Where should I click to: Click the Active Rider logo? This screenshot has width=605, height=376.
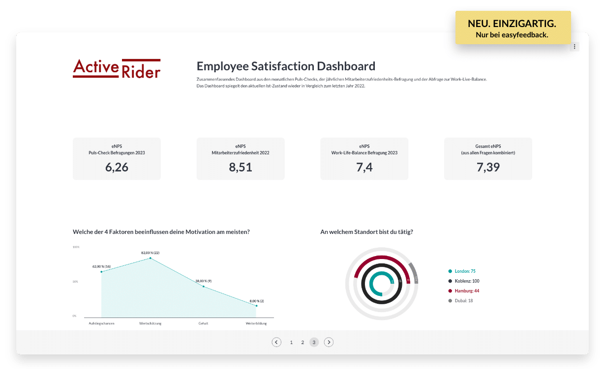click(x=117, y=69)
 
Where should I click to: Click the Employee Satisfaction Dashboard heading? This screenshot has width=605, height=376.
click(x=286, y=66)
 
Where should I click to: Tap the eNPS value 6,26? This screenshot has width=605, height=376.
click(x=117, y=167)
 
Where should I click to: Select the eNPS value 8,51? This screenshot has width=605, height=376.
click(x=241, y=167)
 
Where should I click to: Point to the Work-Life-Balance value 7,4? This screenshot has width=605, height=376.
click(x=364, y=167)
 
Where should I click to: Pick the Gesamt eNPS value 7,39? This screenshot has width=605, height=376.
click(x=488, y=167)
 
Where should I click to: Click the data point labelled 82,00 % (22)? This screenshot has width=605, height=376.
click(x=150, y=258)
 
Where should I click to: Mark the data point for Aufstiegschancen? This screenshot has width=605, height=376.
click(x=101, y=272)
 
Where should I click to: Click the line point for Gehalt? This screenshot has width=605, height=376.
click(x=203, y=286)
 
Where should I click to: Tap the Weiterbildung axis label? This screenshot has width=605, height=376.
click(x=256, y=323)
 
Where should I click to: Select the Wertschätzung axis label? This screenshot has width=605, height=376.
click(x=150, y=323)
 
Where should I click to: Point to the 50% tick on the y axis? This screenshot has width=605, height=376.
click(x=75, y=282)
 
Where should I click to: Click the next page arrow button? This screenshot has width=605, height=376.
click(x=329, y=342)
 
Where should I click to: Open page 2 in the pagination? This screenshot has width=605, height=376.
click(x=302, y=342)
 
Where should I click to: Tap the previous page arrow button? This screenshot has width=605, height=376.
click(x=276, y=342)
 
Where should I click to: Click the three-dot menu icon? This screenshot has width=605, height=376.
click(x=575, y=46)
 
